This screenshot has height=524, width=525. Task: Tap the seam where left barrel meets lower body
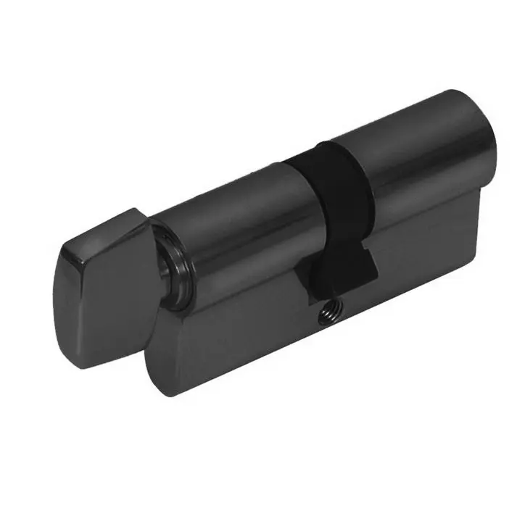click(239, 290)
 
